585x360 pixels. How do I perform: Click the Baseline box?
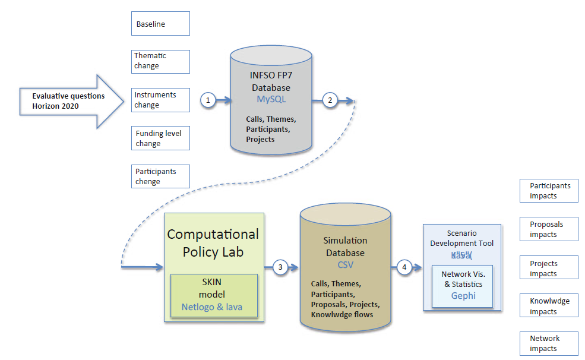160,24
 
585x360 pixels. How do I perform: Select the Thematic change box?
160,61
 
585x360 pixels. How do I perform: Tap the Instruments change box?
160,100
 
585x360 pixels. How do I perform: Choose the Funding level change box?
160,138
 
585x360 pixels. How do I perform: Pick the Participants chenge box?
160,176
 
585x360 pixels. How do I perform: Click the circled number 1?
208,100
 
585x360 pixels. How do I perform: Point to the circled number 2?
330,100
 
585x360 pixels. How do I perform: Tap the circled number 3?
280,267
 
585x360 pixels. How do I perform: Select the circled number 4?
404,267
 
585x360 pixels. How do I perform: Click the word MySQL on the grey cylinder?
271,99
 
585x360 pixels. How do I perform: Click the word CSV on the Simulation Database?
345,264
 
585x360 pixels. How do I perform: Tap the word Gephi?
463,295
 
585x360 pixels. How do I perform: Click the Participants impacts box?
549,191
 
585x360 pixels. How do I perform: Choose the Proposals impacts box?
549,229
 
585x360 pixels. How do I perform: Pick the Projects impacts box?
549,268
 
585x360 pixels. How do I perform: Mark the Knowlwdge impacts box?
549,306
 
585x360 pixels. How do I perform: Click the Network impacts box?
549,343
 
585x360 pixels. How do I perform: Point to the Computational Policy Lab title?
213,242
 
